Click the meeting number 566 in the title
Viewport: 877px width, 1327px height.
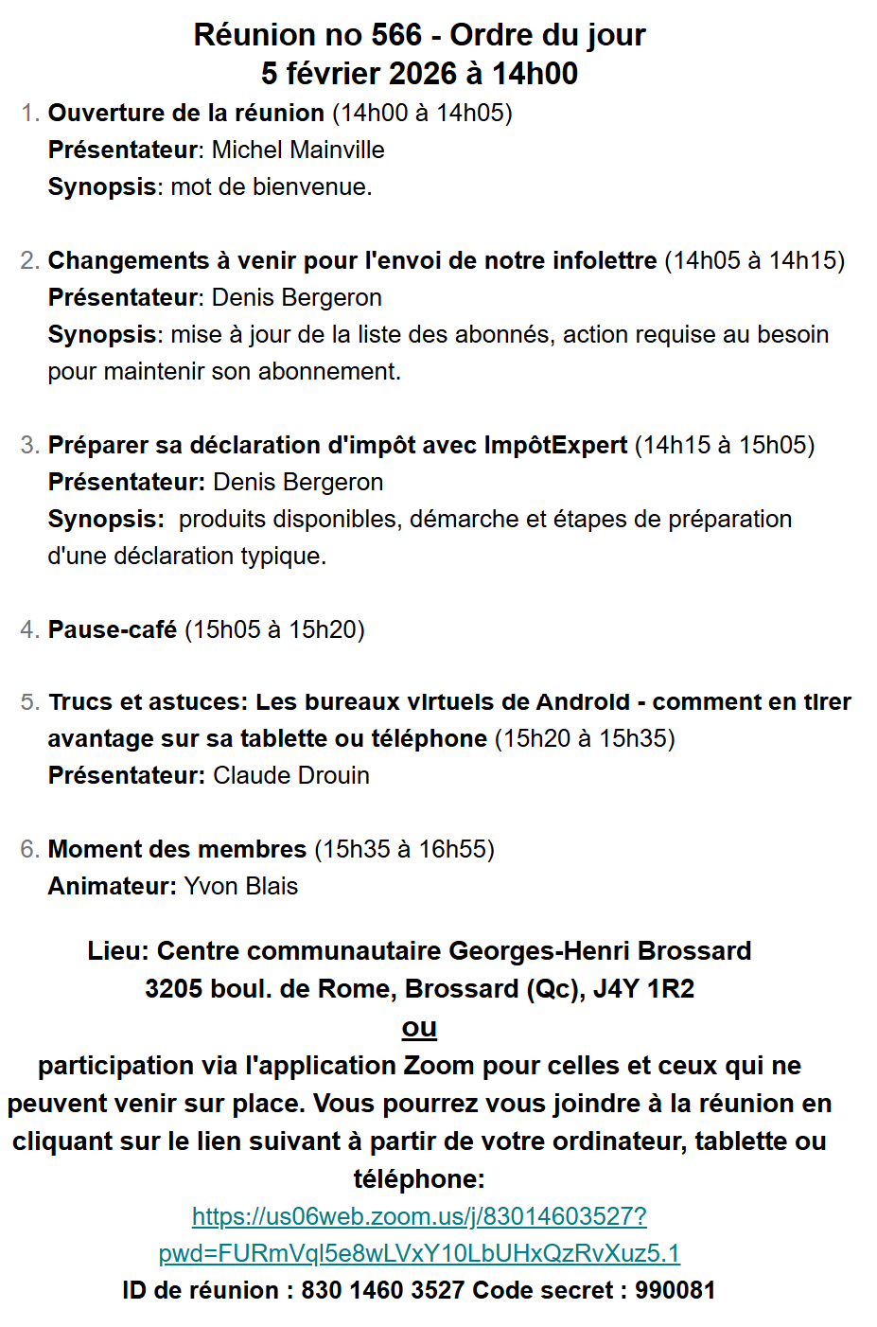click(396, 35)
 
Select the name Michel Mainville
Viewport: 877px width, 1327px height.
click(298, 150)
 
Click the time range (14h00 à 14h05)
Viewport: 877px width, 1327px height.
click(422, 113)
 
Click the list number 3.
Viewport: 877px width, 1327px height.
click(29, 445)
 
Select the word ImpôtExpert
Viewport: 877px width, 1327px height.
click(555, 445)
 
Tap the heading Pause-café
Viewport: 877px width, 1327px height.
click(113, 629)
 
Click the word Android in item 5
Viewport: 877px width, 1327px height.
click(582, 701)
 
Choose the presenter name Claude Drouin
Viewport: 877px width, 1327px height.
click(290, 775)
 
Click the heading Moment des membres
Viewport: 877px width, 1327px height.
click(177, 849)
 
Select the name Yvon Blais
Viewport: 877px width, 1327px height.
click(240, 886)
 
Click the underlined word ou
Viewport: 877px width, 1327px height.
click(419, 1027)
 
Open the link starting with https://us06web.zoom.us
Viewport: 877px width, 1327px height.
click(419, 1216)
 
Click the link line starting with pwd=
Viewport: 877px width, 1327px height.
click(419, 1253)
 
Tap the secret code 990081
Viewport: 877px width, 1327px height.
click(675, 1290)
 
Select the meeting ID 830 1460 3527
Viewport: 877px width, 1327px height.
click(382, 1290)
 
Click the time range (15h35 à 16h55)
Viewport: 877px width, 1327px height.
click(404, 849)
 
